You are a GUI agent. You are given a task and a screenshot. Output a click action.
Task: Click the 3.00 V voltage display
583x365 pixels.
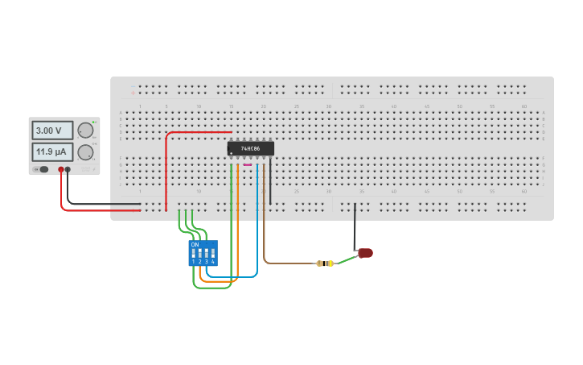click(x=51, y=130)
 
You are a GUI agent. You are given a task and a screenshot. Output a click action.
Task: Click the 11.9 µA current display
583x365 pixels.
click(x=51, y=151)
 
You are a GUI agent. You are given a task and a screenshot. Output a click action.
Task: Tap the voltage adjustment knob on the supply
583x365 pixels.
click(x=85, y=131)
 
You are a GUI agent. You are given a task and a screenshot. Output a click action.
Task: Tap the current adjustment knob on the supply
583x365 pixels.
click(x=85, y=151)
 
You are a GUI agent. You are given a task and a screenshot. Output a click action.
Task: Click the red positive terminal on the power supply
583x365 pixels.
click(x=61, y=169)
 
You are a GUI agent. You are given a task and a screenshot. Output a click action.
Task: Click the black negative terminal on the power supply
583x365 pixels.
click(x=68, y=169)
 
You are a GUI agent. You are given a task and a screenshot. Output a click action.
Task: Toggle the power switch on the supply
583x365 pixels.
click(x=43, y=169)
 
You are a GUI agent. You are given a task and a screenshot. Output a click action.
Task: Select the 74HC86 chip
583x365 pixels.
click(x=250, y=148)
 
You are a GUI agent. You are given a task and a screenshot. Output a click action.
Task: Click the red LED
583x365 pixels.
click(x=366, y=253)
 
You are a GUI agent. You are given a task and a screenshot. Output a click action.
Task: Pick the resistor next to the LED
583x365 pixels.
click(x=325, y=263)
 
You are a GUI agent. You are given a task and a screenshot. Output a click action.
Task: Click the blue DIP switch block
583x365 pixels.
click(x=203, y=253)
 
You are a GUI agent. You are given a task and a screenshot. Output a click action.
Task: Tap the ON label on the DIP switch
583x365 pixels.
click(x=195, y=244)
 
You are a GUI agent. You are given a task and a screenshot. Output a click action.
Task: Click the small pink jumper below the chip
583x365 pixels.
click(x=248, y=165)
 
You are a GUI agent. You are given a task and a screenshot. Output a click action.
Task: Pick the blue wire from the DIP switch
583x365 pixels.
click(x=257, y=234)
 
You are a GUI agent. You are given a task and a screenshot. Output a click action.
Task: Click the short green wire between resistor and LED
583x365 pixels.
click(x=346, y=259)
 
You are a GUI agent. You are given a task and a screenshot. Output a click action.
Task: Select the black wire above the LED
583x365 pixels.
click(x=355, y=226)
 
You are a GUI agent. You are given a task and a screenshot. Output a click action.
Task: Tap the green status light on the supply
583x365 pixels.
click(x=93, y=121)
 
